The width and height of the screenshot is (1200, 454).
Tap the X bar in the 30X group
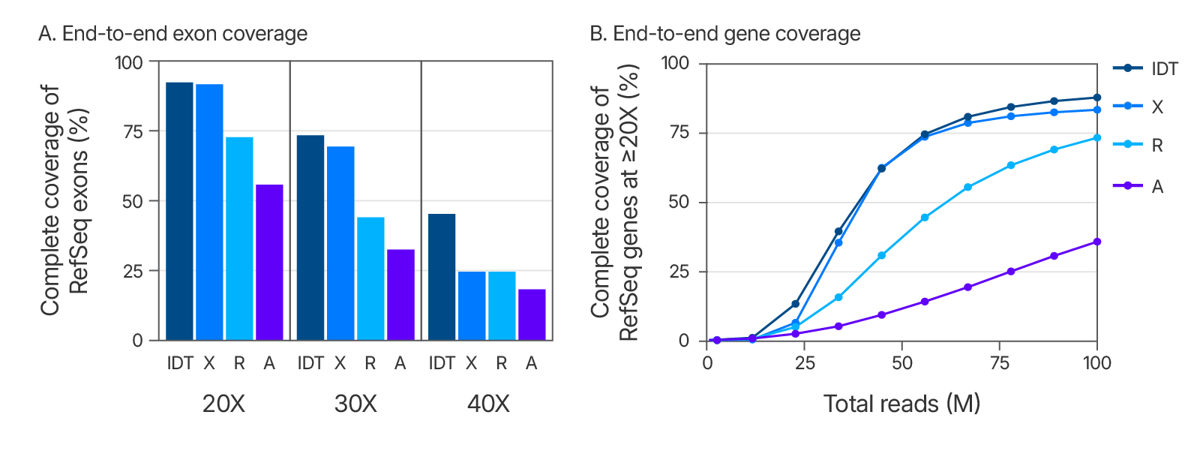click(340, 243)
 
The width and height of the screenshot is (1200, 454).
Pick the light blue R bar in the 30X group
click(370, 278)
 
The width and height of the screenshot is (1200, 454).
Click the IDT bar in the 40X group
click(442, 277)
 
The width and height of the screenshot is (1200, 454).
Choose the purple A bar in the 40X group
click(532, 314)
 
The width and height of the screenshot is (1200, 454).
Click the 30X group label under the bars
click(355, 404)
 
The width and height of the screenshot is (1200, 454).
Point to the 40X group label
click(488, 404)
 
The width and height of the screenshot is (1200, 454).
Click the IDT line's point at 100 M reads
click(1097, 98)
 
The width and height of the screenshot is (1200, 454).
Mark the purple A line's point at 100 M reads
click(1097, 242)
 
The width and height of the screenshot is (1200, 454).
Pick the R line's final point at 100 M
click(1097, 137)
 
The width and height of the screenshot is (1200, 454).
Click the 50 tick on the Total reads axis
click(902, 363)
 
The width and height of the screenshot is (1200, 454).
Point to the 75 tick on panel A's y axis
click(133, 132)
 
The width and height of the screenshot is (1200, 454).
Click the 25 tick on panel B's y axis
click(679, 272)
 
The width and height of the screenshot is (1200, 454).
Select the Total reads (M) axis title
click(901, 404)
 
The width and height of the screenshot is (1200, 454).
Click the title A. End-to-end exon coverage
click(172, 34)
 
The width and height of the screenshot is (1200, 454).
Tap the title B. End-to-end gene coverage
click(725, 34)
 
